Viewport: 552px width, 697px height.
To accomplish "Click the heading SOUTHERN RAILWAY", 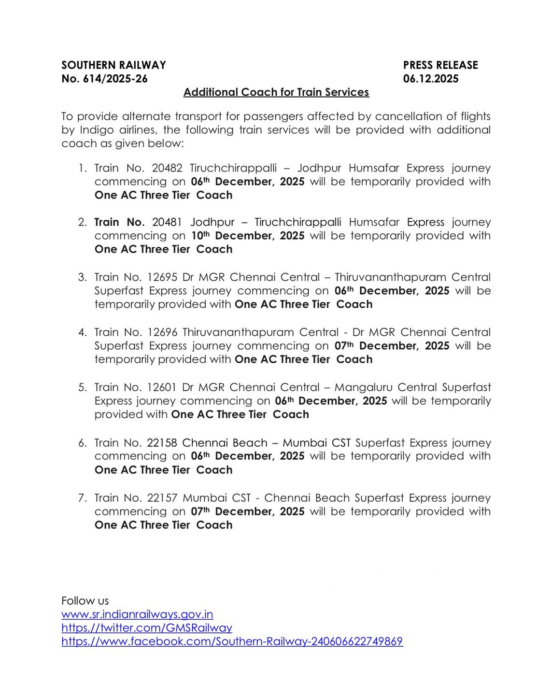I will click(113, 65).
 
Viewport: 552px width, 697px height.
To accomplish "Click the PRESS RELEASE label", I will click(440, 65).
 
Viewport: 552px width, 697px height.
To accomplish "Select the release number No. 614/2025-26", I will click(104, 79).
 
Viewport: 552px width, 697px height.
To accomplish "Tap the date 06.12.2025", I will click(431, 79).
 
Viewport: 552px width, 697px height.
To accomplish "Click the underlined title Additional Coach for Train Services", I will click(276, 92).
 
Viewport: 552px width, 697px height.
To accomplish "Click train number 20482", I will click(167, 168).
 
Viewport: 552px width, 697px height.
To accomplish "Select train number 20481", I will click(167, 222).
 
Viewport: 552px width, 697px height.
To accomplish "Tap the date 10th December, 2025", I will click(248, 236).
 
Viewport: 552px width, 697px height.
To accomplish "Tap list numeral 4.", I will click(82, 332).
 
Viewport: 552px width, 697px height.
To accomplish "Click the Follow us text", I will click(85, 601).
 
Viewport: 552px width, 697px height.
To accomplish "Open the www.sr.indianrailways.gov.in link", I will click(137, 614).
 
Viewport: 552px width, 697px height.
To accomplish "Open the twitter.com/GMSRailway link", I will click(147, 628).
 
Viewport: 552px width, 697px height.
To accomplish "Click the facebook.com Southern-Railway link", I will click(232, 641).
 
